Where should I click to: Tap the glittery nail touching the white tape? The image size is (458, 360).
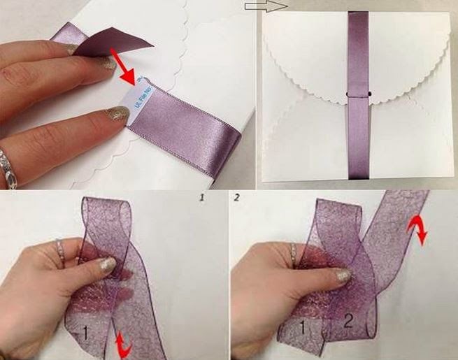point(116,113)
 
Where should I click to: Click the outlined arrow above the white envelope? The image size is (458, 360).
point(266,6)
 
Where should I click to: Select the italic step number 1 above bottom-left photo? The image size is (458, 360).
point(201,199)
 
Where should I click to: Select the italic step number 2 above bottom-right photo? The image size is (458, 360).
point(237,199)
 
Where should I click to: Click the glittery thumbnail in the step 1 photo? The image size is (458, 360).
point(106,264)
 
